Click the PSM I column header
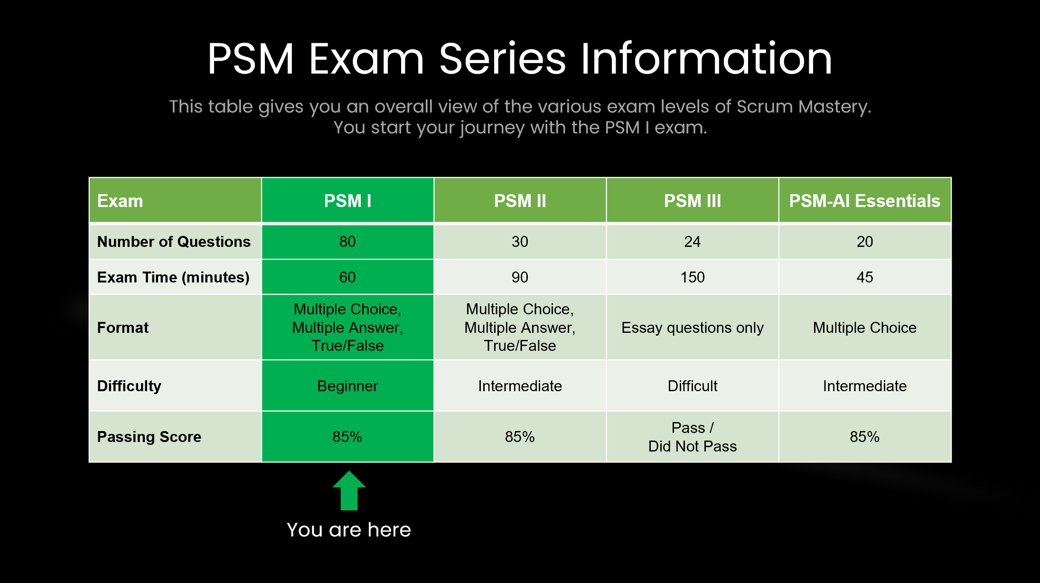tap(347, 201)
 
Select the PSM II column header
tap(520, 201)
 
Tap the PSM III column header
tap(692, 201)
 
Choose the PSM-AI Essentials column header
tap(864, 201)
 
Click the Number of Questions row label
tap(174, 242)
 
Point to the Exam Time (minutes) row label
tap(173, 277)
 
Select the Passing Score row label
tap(149, 437)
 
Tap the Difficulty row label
tap(129, 386)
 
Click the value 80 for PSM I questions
tap(347, 242)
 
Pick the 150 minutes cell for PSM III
tap(693, 277)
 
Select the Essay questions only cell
tap(693, 328)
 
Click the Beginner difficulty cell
tap(347, 386)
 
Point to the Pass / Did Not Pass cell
tap(693, 437)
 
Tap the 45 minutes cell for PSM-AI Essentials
tap(864, 277)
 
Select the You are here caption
tap(349, 530)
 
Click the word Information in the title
tap(706, 59)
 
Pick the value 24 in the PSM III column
tap(693, 242)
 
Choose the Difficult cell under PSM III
tap(693, 386)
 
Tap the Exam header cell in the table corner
tap(120, 201)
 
